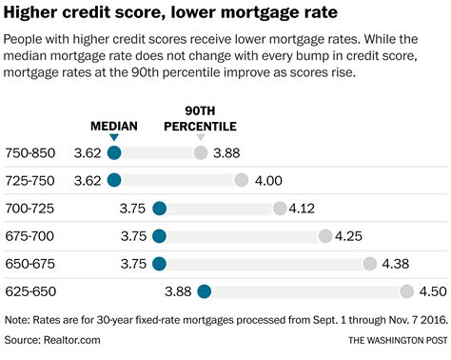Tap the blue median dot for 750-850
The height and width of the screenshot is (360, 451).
click(114, 152)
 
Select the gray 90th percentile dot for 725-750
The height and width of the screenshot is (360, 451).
click(241, 180)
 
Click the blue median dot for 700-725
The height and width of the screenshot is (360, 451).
click(159, 209)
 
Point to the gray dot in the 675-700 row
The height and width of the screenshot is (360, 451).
click(325, 236)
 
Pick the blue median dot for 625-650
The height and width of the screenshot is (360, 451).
click(204, 291)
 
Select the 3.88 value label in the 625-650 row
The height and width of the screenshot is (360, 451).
click(179, 291)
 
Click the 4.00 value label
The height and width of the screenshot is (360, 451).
click(268, 180)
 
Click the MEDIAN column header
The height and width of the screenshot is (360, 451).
click(114, 126)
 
